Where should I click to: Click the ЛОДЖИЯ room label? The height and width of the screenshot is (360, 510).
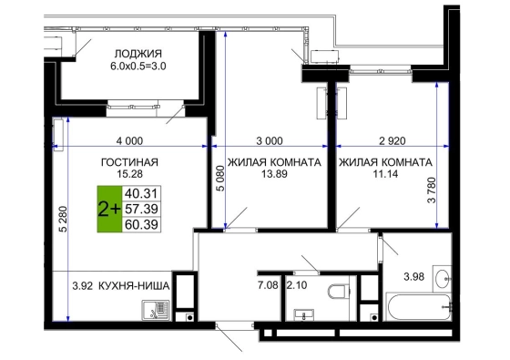pyautogui.click(x=138, y=54)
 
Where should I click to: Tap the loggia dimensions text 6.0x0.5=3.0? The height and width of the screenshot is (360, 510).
pyautogui.click(x=138, y=67)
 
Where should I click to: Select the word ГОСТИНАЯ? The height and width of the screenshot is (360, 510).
pyautogui.click(x=129, y=162)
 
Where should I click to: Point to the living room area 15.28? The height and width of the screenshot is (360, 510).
pyautogui.click(x=129, y=174)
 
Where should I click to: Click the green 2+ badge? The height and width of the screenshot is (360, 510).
pyautogui.click(x=109, y=209)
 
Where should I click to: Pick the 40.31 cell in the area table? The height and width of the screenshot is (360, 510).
pyautogui.click(x=141, y=193)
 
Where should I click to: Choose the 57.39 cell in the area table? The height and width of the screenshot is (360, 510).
pyautogui.click(x=141, y=209)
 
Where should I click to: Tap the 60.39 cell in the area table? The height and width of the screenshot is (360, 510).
pyautogui.click(x=141, y=224)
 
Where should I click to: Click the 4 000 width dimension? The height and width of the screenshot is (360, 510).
pyautogui.click(x=129, y=141)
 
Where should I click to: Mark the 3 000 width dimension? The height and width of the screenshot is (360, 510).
pyautogui.click(x=270, y=141)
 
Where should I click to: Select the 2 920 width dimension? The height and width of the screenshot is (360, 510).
pyautogui.click(x=393, y=141)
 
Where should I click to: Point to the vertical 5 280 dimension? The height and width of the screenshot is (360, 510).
pyautogui.click(x=64, y=219)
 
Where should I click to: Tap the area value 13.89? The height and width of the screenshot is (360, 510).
pyautogui.click(x=274, y=174)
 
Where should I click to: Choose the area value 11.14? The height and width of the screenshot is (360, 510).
pyautogui.click(x=385, y=174)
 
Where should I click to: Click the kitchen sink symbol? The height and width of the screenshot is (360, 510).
pyautogui.click(x=155, y=310)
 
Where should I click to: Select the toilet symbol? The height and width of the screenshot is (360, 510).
pyautogui.click(x=338, y=292)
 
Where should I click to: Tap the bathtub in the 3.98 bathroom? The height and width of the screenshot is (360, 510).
pyautogui.click(x=418, y=307)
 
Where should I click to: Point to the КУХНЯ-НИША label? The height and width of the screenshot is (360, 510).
pyautogui.click(x=134, y=286)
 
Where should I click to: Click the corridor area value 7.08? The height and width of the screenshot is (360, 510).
pyautogui.click(x=268, y=285)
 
